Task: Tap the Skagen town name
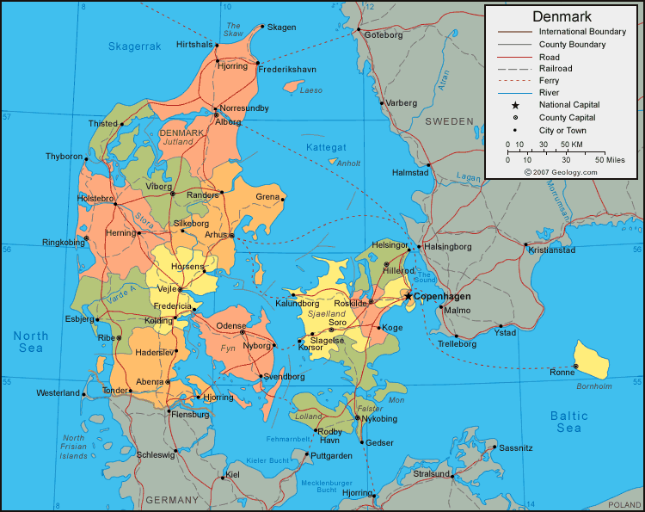click(281, 28)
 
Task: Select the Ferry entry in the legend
click(549, 80)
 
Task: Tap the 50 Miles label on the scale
click(609, 159)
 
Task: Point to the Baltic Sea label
click(568, 422)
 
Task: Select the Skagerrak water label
click(134, 46)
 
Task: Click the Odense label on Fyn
click(230, 325)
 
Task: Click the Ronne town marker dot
click(576, 367)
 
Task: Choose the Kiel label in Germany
click(232, 474)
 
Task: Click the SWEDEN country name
click(449, 121)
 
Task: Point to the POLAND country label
click(624, 504)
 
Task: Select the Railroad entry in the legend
click(556, 68)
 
